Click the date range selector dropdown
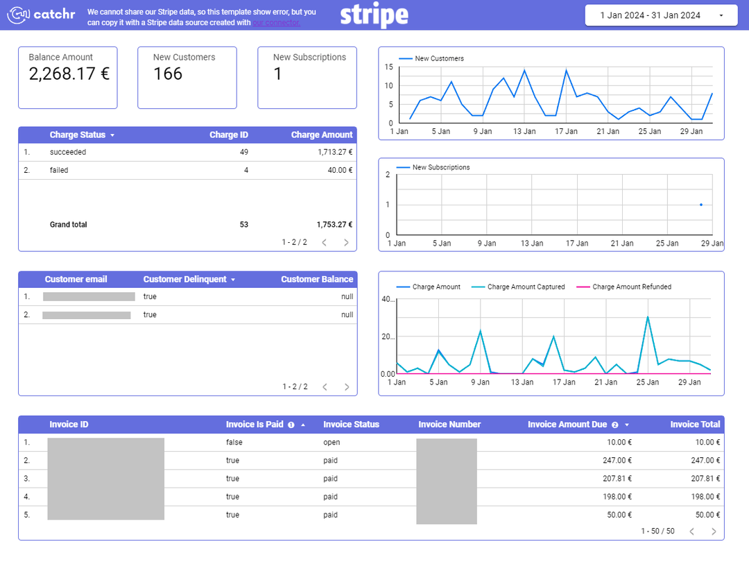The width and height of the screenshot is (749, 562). click(654, 15)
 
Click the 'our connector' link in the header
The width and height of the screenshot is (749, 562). click(276, 23)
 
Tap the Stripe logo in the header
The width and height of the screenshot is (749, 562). click(374, 15)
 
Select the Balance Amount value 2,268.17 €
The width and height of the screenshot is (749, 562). click(69, 74)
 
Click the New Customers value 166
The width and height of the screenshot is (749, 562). click(168, 74)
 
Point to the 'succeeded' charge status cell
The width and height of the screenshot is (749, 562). click(68, 152)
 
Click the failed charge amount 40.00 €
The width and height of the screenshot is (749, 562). click(340, 170)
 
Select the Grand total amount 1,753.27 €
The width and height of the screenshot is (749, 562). click(334, 225)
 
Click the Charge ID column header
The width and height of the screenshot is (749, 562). click(228, 135)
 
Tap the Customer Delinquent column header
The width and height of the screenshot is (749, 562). click(184, 280)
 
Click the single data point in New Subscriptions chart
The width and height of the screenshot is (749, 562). click(701, 205)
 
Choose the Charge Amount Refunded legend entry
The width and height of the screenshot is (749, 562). click(631, 287)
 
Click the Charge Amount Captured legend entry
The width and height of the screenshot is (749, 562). click(526, 287)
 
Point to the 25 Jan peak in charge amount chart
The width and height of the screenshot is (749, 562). click(648, 317)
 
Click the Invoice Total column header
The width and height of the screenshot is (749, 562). click(695, 425)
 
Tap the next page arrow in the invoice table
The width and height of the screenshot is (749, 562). click(714, 531)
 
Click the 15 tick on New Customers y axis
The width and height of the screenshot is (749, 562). click(389, 67)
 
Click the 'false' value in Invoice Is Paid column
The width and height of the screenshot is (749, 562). click(234, 442)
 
